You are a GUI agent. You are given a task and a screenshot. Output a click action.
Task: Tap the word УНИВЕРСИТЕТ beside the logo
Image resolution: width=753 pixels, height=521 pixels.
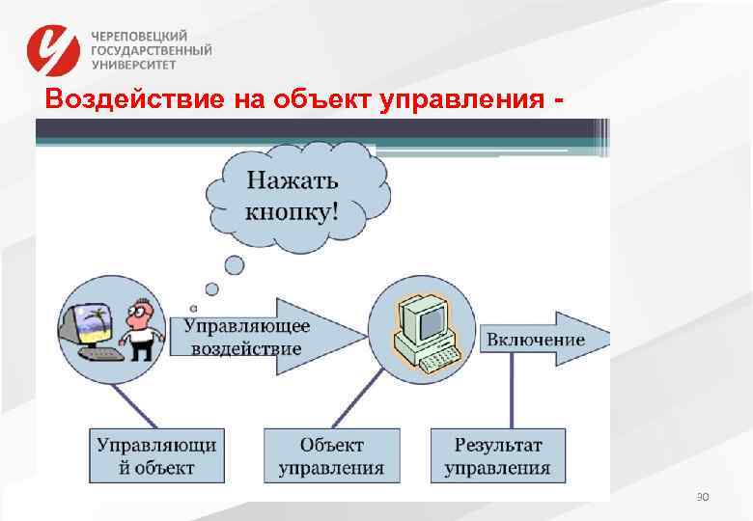134,66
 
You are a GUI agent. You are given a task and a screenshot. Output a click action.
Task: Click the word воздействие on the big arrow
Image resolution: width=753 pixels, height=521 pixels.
246,348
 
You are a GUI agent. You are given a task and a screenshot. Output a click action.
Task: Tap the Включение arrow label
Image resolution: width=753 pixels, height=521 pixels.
536,339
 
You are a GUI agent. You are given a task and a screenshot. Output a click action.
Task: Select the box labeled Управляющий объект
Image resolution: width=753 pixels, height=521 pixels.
155,456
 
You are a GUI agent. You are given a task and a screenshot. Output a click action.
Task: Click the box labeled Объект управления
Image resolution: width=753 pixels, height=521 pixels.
331,456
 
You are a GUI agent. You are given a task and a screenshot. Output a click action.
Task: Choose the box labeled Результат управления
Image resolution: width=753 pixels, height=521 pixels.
497,456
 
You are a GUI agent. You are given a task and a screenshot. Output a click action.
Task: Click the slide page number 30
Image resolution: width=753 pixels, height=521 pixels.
702,497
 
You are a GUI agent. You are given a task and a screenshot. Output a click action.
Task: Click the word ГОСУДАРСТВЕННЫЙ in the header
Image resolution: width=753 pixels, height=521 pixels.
152,50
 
